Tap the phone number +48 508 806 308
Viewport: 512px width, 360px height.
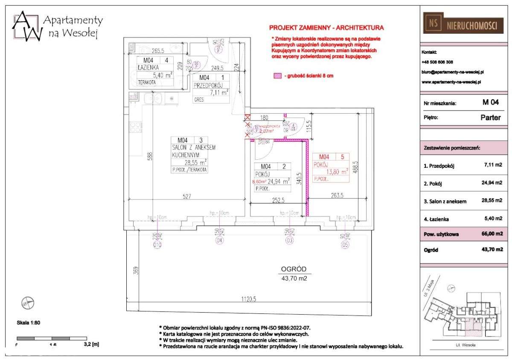[x=437, y=62]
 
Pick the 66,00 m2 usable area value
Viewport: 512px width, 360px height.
[x=489, y=234]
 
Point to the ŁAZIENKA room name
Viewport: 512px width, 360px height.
[x=148, y=67]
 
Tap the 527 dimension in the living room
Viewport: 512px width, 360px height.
[x=184, y=196]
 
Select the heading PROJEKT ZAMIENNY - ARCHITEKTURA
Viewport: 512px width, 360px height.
[x=326, y=28]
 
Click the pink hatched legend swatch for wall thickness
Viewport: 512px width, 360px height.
[x=277, y=76]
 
